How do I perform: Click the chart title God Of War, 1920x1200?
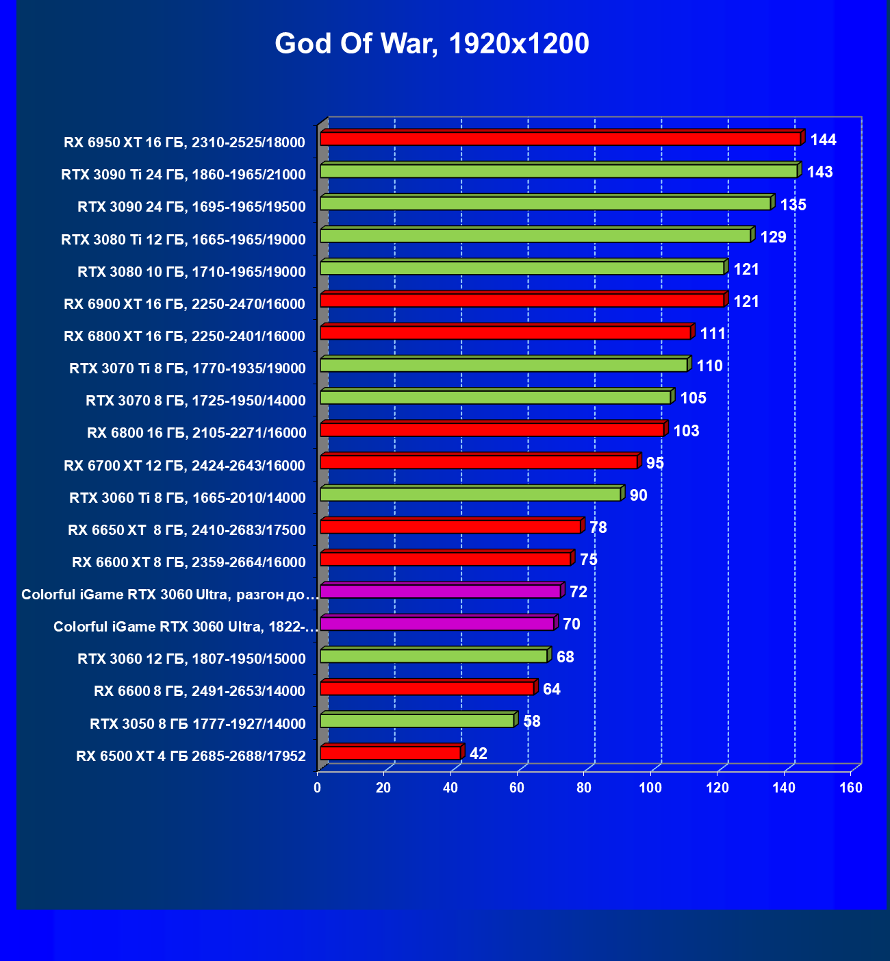point(432,44)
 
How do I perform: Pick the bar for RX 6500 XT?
point(390,753)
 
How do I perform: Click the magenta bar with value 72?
point(440,591)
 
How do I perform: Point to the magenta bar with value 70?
point(437,624)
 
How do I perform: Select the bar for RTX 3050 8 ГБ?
point(417,721)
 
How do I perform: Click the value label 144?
point(823,140)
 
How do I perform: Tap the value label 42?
point(479,754)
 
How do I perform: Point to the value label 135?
point(793,205)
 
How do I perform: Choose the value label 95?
point(655,463)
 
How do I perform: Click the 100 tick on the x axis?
point(650,788)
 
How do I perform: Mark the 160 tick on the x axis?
point(851,788)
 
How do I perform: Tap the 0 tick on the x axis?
point(318,788)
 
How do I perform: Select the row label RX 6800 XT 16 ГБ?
point(184,336)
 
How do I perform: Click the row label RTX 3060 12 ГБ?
point(192,659)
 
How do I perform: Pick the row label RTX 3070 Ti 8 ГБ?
point(188,369)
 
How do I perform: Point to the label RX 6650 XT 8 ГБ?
point(187,530)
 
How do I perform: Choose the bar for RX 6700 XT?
point(479,462)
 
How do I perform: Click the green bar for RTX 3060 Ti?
point(470,495)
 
